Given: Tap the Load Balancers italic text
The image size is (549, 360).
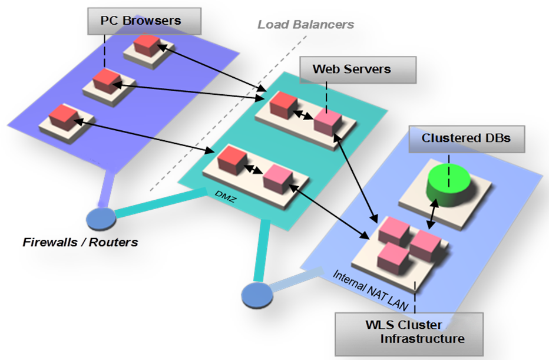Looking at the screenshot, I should coord(306,24).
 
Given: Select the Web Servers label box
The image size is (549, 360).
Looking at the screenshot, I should coord(351,69).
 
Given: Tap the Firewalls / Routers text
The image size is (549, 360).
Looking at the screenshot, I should coord(80,242).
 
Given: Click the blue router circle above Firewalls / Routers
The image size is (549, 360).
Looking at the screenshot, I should coord(101,217).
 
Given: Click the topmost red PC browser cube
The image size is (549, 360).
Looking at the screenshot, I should coord(147,45).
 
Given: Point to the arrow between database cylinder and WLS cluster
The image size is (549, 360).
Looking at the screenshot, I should coord(432,212).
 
